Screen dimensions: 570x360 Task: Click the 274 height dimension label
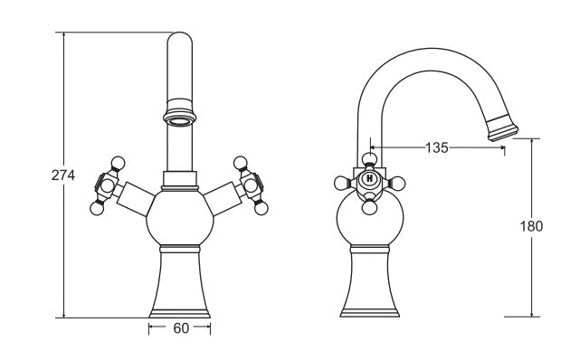pos(63,175)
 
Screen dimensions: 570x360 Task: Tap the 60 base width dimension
pos(181,328)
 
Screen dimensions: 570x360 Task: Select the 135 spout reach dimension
pos(437,147)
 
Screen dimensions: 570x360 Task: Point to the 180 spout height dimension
pos(531,226)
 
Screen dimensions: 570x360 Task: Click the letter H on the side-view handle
pos(370,178)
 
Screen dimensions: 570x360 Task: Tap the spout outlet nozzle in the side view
pos(502,128)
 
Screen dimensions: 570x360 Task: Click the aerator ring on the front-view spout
pos(179,118)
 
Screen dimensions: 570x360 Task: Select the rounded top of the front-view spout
pos(179,39)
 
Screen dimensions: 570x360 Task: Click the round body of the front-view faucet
pos(180,217)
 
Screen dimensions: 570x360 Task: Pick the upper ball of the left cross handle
pos(118,163)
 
